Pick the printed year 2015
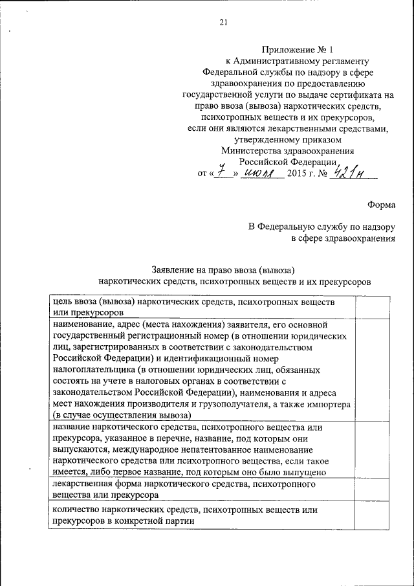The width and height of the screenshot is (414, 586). pyautogui.click(x=299, y=174)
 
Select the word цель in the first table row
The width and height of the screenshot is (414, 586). pyautogui.click(x=62, y=302)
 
